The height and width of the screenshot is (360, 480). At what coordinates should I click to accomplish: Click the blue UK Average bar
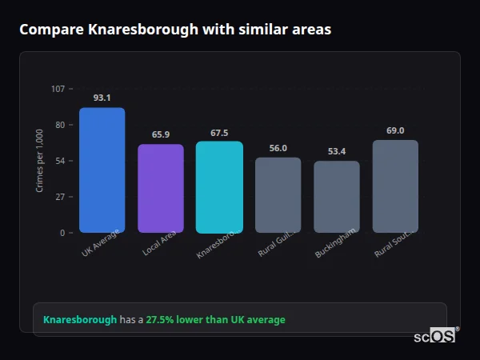tap(102, 170)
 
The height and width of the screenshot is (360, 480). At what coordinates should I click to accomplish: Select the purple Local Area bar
tap(161, 189)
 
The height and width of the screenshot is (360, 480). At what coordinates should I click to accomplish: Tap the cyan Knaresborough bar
tap(219, 187)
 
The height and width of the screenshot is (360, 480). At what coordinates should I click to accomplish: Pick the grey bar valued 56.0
tap(278, 195)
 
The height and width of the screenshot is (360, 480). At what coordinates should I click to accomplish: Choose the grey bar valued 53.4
tap(337, 197)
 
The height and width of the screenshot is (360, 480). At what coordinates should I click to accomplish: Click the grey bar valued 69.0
tap(395, 186)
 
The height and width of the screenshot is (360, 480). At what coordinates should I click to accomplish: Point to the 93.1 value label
tap(102, 98)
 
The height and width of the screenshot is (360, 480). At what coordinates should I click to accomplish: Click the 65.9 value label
tap(161, 134)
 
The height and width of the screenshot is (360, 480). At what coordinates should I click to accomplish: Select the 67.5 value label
tap(219, 133)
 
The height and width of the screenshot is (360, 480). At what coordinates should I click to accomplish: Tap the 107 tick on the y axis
tap(58, 89)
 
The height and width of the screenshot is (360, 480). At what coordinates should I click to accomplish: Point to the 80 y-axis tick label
tap(59, 125)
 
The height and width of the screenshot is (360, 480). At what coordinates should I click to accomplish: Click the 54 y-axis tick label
tap(59, 161)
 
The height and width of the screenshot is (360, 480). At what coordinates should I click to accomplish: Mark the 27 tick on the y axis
tap(59, 197)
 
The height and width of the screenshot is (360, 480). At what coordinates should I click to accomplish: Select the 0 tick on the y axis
tap(62, 233)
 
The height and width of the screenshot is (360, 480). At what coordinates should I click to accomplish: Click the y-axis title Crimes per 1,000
tap(39, 161)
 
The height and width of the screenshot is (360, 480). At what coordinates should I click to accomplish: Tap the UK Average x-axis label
tap(101, 242)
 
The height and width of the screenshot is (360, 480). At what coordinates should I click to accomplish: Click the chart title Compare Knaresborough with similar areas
tap(174, 30)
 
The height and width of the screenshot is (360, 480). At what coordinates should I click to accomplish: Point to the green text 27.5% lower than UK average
tap(215, 320)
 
